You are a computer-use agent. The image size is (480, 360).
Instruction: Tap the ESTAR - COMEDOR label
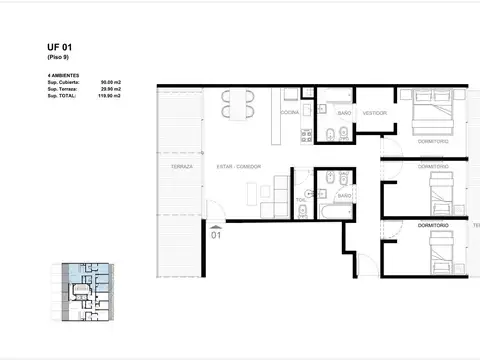click(x=238, y=165)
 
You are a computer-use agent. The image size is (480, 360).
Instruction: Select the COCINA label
click(x=289, y=113)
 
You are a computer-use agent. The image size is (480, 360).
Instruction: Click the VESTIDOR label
click(x=375, y=113)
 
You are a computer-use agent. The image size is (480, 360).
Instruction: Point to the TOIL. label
click(x=300, y=199)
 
